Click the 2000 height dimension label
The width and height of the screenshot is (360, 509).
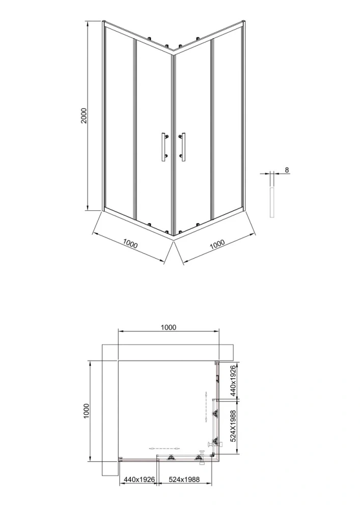coord(84,116)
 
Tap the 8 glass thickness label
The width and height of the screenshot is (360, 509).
coord(287,170)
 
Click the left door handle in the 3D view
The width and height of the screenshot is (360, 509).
coord(163,147)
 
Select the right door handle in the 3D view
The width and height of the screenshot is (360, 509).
coord(182,147)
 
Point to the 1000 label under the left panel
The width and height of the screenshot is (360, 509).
coord(130,244)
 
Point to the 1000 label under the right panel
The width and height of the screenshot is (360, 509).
coord(217,244)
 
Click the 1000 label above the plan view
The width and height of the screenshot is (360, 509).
coord(169,327)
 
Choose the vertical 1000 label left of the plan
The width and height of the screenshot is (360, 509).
coord(86,411)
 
